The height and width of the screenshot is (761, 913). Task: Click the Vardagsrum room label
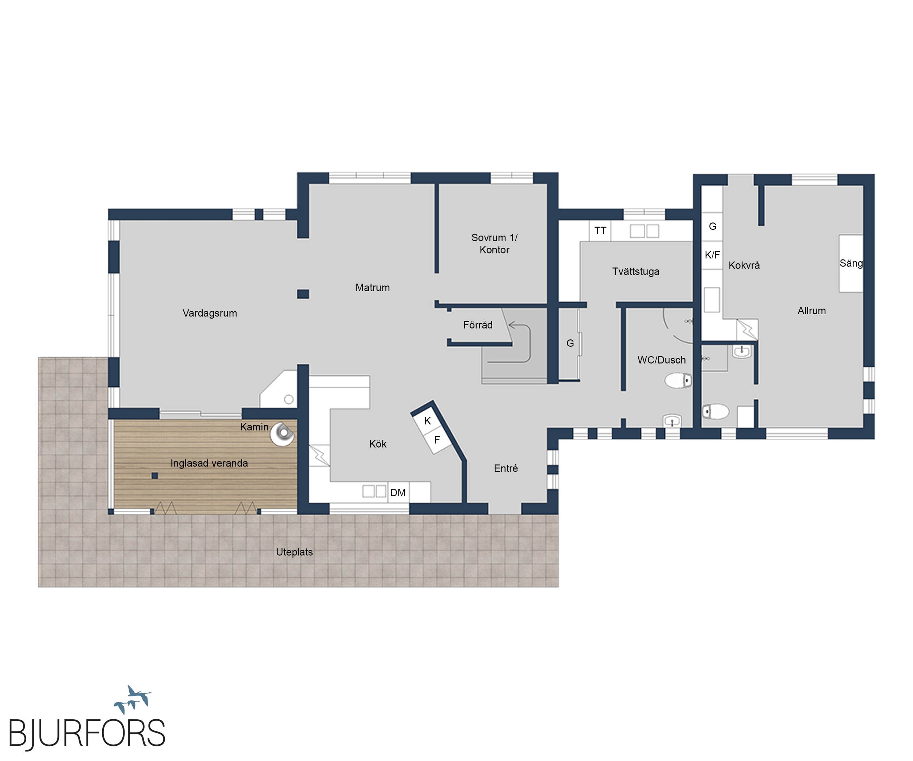(x=210, y=313)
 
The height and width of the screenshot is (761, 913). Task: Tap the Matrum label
(x=373, y=288)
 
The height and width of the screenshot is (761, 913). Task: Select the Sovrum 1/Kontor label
(x=494, y=244)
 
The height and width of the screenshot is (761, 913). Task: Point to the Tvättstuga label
(x=635, y=271)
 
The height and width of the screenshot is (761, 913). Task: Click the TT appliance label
(x=600, y=231)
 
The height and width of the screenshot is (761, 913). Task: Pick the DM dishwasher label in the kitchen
(x=398, y=493)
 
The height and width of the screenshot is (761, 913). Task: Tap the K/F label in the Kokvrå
(x=712, y=255)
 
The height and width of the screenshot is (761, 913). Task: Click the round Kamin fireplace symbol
(x=283, y=434)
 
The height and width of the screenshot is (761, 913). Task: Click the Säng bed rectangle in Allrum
(x=851, y=263)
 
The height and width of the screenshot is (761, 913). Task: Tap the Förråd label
(x=478, y=325)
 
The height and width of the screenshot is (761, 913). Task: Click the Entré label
(x=506, y=468)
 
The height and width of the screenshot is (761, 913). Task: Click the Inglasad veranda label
(x=209, y=464)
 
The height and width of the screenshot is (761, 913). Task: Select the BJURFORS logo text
(x=87, y=733)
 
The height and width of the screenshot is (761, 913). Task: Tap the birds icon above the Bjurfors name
(x=133, y=699)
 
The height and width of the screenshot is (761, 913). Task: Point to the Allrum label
(x=811, y=311)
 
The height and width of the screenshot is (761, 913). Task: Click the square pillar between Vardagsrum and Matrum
(x=303, y=294)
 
